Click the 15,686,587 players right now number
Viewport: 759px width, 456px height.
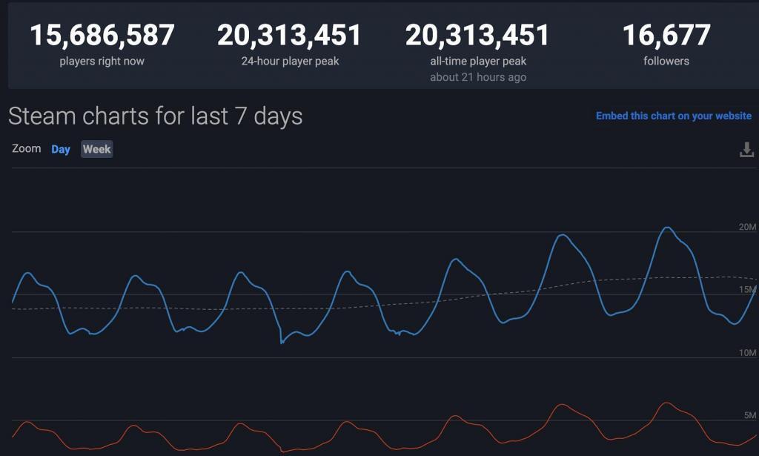click(102, 35)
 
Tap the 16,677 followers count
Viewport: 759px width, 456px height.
click(666, 35)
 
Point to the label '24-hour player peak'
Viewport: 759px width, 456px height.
click(290, 61)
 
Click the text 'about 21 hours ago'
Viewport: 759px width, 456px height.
click(478, 77)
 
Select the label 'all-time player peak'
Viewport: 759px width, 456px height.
click(478, 61)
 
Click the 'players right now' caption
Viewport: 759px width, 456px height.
click(102, 61)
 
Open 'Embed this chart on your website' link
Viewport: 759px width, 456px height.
click(673, 116)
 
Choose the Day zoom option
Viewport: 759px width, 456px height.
click(61, 149)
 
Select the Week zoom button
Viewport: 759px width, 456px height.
click(96, 149)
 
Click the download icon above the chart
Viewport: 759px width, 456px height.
click(746, 150)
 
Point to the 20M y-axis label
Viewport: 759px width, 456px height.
click(747, 227)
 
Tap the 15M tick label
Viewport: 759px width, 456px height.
click(747, 289)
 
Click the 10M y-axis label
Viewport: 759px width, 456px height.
click(747, 353)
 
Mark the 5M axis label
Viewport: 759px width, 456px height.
click(749, 415)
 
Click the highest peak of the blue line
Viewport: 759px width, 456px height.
click(667, 228)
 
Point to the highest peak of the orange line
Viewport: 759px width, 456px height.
click(666, 403)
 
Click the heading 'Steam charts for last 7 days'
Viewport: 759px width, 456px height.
click(155, 116)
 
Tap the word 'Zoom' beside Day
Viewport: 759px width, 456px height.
click(27, 148)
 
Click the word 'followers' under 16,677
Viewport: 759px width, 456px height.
click(666, 61)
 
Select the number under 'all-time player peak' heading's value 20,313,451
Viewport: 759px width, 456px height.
click(478, 35)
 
